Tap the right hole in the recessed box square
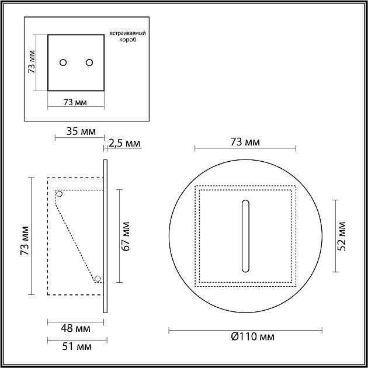coord(89,63)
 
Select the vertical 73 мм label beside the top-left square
coord(32,63)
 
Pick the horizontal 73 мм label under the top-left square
coord(75,103)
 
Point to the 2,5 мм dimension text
coord(124,143)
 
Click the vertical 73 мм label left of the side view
coord(24,241)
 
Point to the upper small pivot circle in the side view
coord(58,193)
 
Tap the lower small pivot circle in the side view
coord(98,279)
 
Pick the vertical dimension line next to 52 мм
coord(335,235)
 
